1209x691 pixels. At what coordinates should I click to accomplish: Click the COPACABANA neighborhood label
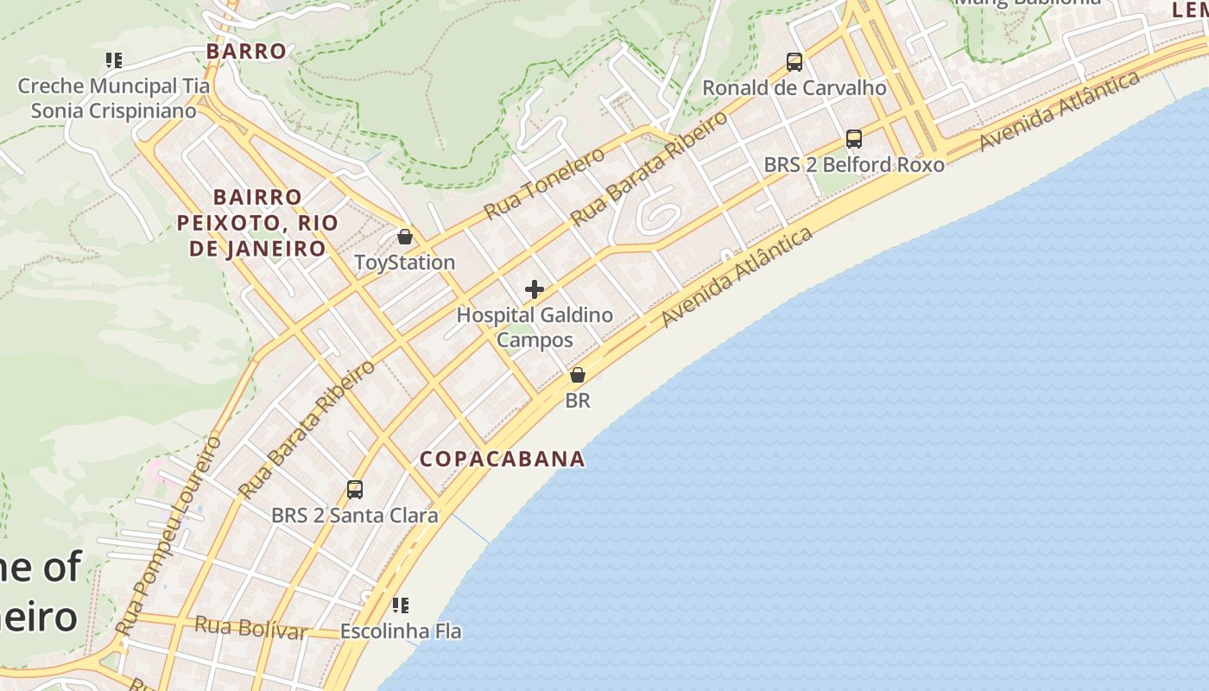pos(503,459)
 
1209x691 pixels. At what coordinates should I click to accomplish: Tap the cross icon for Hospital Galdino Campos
pos(535,289)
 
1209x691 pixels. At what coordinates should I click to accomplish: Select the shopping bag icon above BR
pos(578,375)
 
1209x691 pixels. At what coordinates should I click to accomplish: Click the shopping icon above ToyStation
pos(404,237)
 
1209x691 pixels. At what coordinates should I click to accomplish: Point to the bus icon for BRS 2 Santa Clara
pos(354,490)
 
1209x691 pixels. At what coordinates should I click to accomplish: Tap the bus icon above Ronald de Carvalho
pos(794,62)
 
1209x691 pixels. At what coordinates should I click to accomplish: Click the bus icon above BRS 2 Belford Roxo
pos(853,138)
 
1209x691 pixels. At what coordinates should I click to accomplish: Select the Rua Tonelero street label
pos(544,183)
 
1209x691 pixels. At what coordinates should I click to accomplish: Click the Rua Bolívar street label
pos(250,628)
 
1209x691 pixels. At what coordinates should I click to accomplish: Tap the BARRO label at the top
pos(246,51)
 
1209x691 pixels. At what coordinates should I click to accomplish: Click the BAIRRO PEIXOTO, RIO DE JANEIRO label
pos(257,223)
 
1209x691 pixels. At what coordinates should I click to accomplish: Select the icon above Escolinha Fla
pos(400,605)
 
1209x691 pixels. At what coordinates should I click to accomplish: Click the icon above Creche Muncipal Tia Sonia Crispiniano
pos(113,60)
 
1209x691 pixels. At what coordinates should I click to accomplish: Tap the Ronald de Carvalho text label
pos(794,88)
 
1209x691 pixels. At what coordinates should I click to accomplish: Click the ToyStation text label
pos(404,263)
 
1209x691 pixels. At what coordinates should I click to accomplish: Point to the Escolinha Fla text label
pos(400,631)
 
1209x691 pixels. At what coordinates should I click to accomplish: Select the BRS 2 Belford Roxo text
pos(853,164)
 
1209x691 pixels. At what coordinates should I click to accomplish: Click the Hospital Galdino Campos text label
pos(535,326)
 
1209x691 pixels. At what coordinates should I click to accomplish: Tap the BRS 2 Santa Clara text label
pos(354,516)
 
